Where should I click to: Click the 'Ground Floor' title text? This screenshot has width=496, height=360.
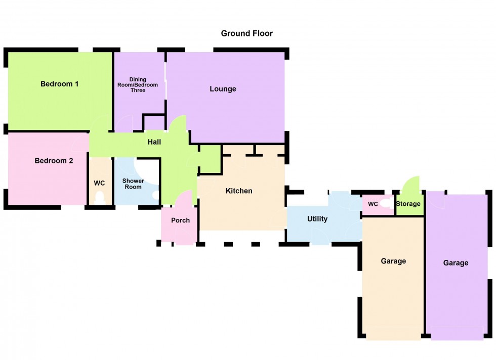coord(246,33)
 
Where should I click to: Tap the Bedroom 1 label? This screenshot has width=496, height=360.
coord(59,84)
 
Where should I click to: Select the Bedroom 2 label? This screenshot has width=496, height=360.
coord(54,161)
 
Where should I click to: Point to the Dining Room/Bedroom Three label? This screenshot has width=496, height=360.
coord(138,85)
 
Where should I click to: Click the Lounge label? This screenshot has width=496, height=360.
coord(223,89)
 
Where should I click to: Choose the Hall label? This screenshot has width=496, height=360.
coord(154,142)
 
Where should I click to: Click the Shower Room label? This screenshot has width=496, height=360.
coord(133,184)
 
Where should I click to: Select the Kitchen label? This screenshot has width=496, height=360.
coord(238,191)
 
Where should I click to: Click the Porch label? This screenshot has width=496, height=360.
coord(180,220)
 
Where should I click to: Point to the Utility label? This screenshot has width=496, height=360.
coord(317,219)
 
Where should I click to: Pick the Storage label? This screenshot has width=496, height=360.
coord(408,204)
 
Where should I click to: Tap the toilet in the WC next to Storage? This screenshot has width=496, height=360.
coord(387,203)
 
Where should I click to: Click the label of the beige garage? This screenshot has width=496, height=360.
coord(393,261)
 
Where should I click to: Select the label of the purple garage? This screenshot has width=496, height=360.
coord(456,263)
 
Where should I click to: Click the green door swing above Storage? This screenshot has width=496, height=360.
coord(412,186)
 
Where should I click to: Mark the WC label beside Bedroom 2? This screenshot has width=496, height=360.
coord(99,183)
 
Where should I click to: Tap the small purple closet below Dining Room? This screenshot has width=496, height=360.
coord(154,123)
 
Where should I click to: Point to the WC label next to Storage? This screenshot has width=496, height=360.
coord(373,204)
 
